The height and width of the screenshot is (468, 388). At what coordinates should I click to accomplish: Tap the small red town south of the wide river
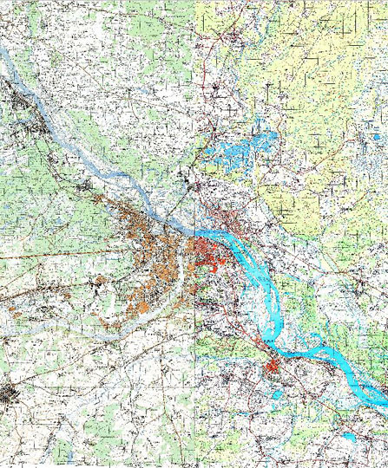pos(273,370)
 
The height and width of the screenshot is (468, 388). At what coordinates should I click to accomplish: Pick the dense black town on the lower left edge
pos(10,393)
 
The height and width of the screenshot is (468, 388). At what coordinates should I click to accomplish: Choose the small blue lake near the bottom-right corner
pos(348,437)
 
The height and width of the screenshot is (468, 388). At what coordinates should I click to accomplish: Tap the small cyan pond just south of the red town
pos(276,396)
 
